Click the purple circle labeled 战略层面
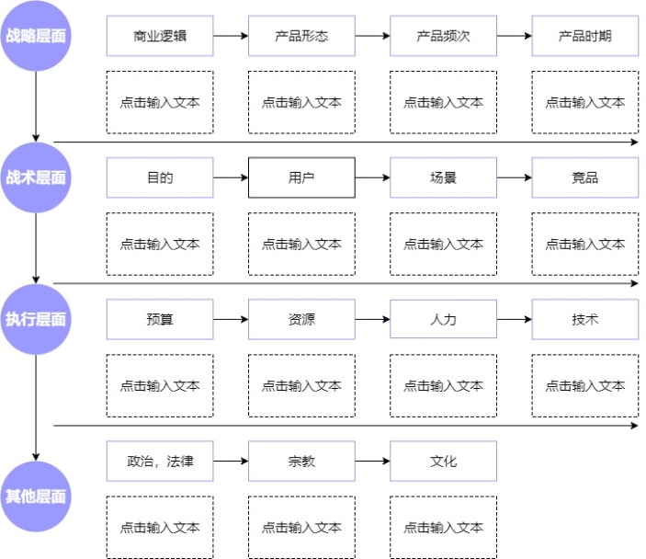click(36, 36)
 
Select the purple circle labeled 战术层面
click(36, 177)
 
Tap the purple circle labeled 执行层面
click(36, 319)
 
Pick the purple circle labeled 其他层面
click(36, 496)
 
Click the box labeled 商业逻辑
click(160, 36)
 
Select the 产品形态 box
click(301, 36)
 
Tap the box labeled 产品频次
click(443, 36)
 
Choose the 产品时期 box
click(584, 36)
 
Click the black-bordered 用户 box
click(301, 177)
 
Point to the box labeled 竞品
click(584, 177)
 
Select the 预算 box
click(160, 319)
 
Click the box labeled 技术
click(584, 319)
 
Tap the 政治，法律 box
click(160, 461)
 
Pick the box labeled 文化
click(443, 461)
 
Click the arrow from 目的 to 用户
click(231, 177)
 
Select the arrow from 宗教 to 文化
click(372, 461)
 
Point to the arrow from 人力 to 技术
click(514, 319)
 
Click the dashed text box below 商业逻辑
click(160, 102)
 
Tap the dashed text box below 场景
click(443, 244)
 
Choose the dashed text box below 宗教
click(301, 527)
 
